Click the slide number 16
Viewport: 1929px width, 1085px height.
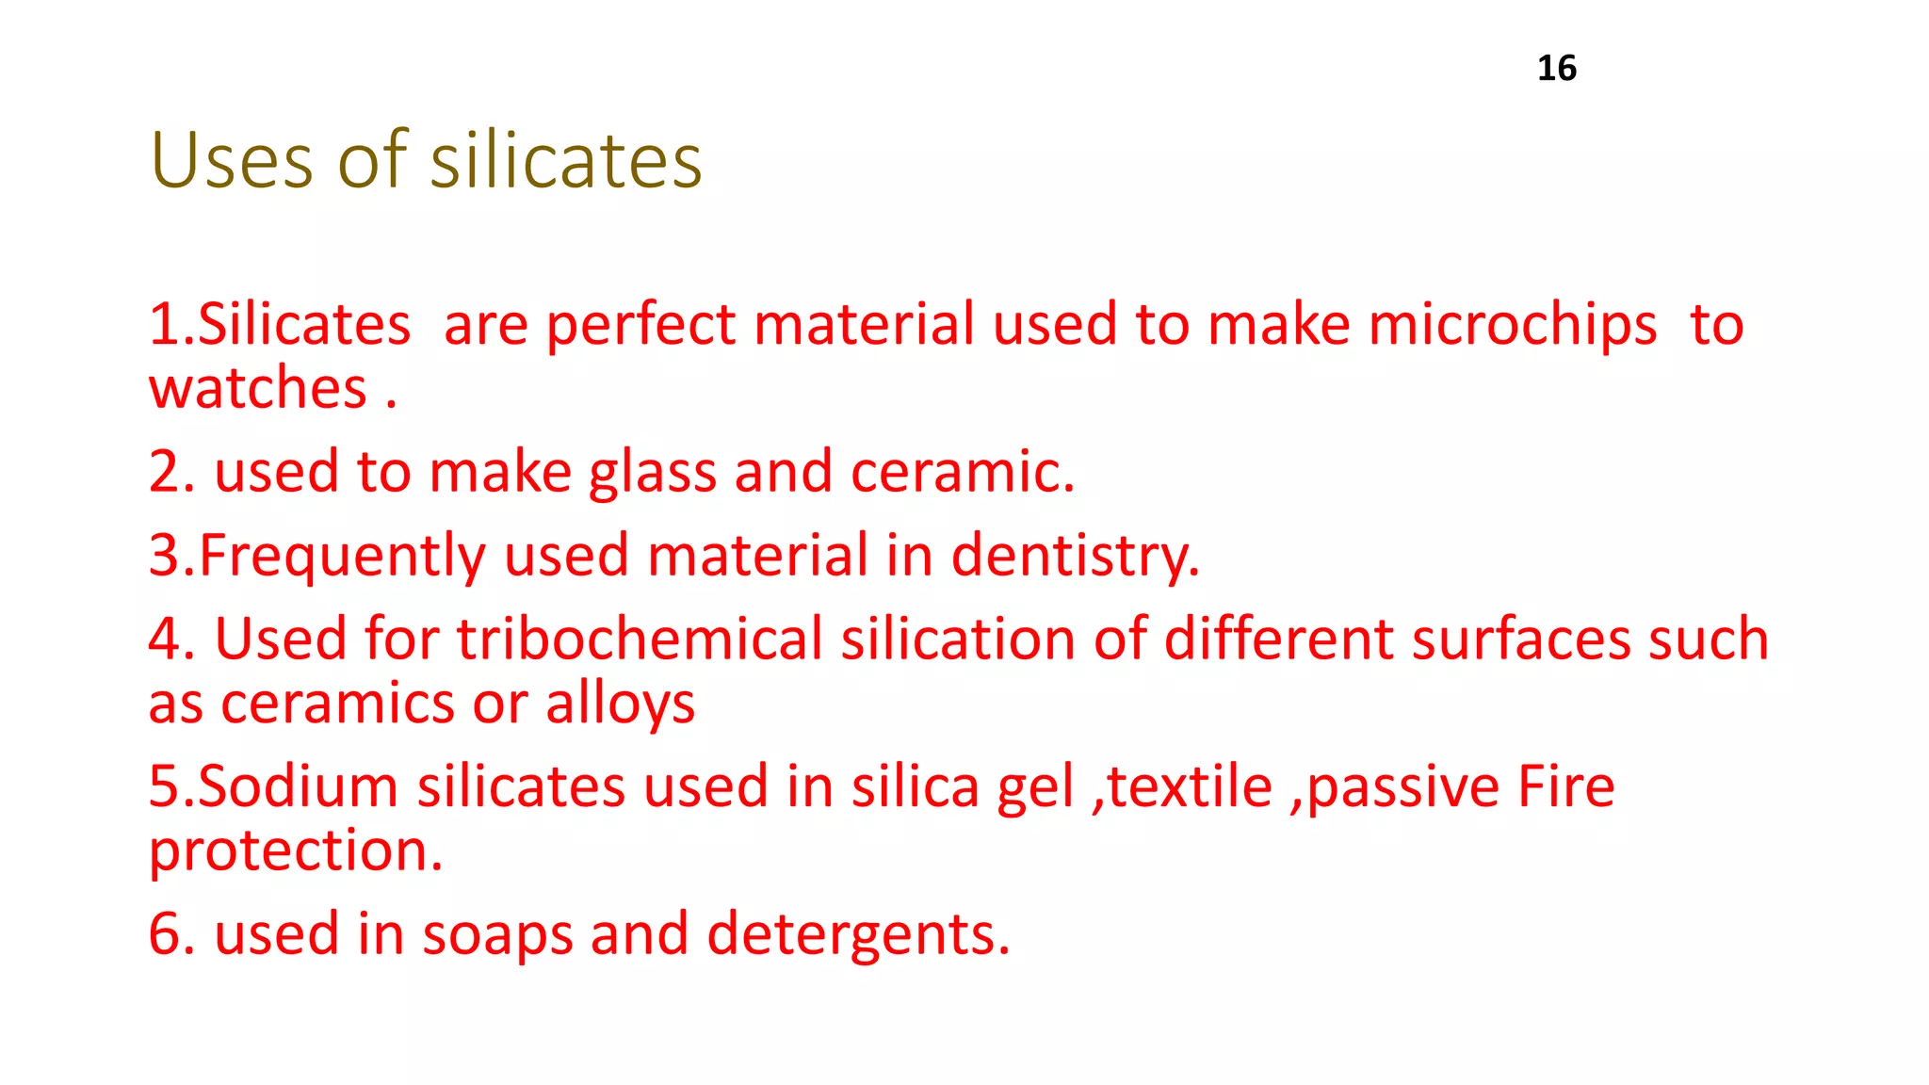(x=1556, y=68)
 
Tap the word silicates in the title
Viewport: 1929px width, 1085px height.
(x=566, y=160)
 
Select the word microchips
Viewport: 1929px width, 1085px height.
(x=1512, y=325)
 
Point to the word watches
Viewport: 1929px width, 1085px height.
(x=258, y=388)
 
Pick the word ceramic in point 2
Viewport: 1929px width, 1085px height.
(x=961, y=472)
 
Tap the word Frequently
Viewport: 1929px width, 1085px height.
(x=341, y=556)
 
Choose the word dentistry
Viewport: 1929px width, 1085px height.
(x=1074, y=556)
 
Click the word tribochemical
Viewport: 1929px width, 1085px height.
(x=640, y=640)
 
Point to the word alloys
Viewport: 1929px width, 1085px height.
(x=620, y=704)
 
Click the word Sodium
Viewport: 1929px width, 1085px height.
(x=298, y=786)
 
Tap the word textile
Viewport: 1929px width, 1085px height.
(x=1189, y=786)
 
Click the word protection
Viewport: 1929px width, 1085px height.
(x=295, y=851)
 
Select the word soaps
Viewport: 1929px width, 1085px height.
(x=497, y=934)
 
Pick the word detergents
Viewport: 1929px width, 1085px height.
(x=857, y=934)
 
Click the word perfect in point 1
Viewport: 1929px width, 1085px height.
(x=640, y=325)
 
